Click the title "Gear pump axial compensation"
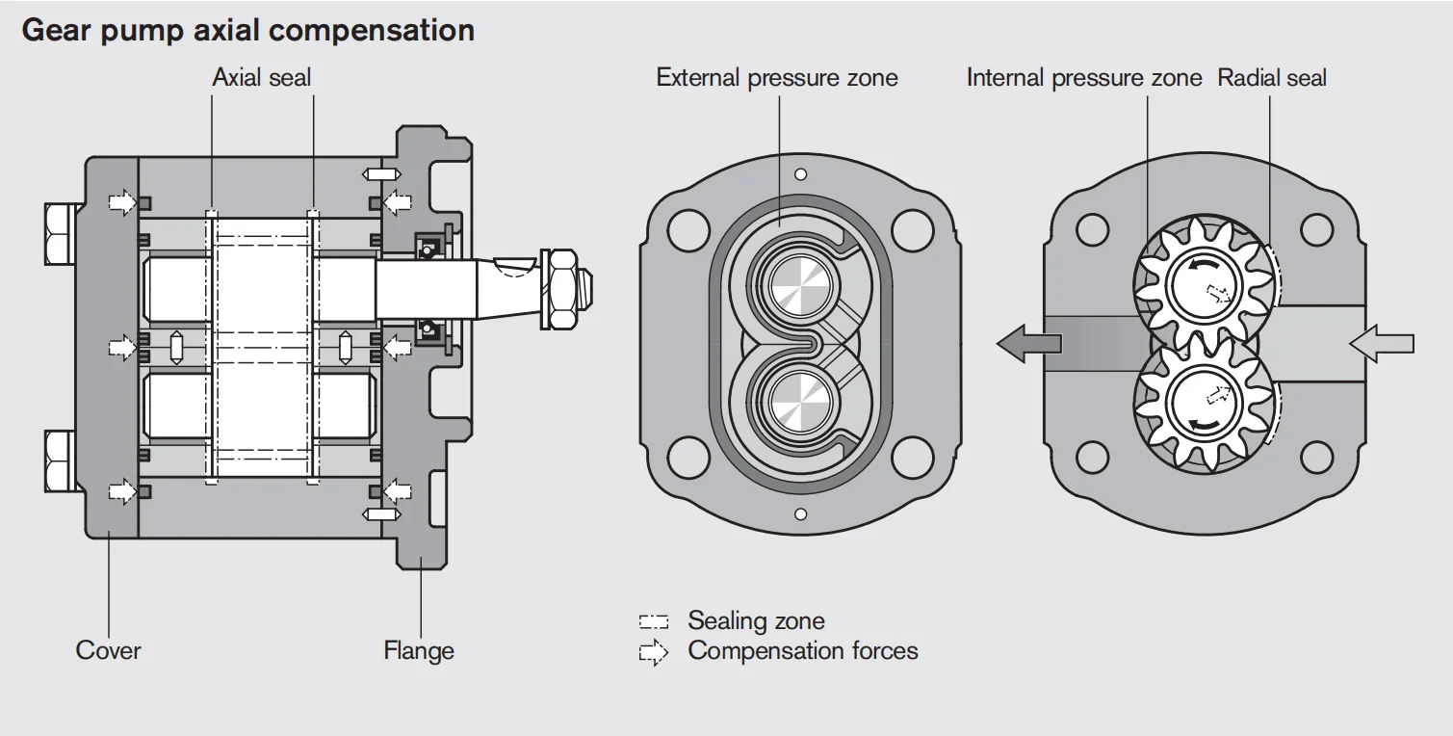click(247, 30)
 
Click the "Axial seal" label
click(262, 78)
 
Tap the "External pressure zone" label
click(777, 78)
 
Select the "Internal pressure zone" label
click(1084, 78)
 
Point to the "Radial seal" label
click(1272, 78)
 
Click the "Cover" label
click(108, 650)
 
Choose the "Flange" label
click(419, 650)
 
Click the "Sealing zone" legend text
click(756, 620)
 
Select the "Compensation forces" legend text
click(803, 650)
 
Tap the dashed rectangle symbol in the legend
click(654, 622)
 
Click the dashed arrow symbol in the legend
click(654, 653)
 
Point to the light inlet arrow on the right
click(1382, 343)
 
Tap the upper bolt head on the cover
click(60, 233)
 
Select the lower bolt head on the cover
click(60, 460)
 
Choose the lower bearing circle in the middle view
click(798, 402)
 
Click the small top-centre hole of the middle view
click(799, 174)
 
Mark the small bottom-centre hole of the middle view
click(799, 514)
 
